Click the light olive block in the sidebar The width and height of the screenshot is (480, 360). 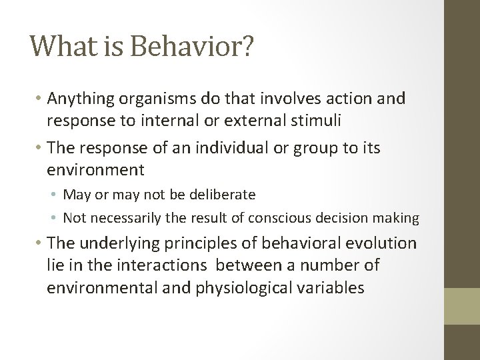coord(462,305)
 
